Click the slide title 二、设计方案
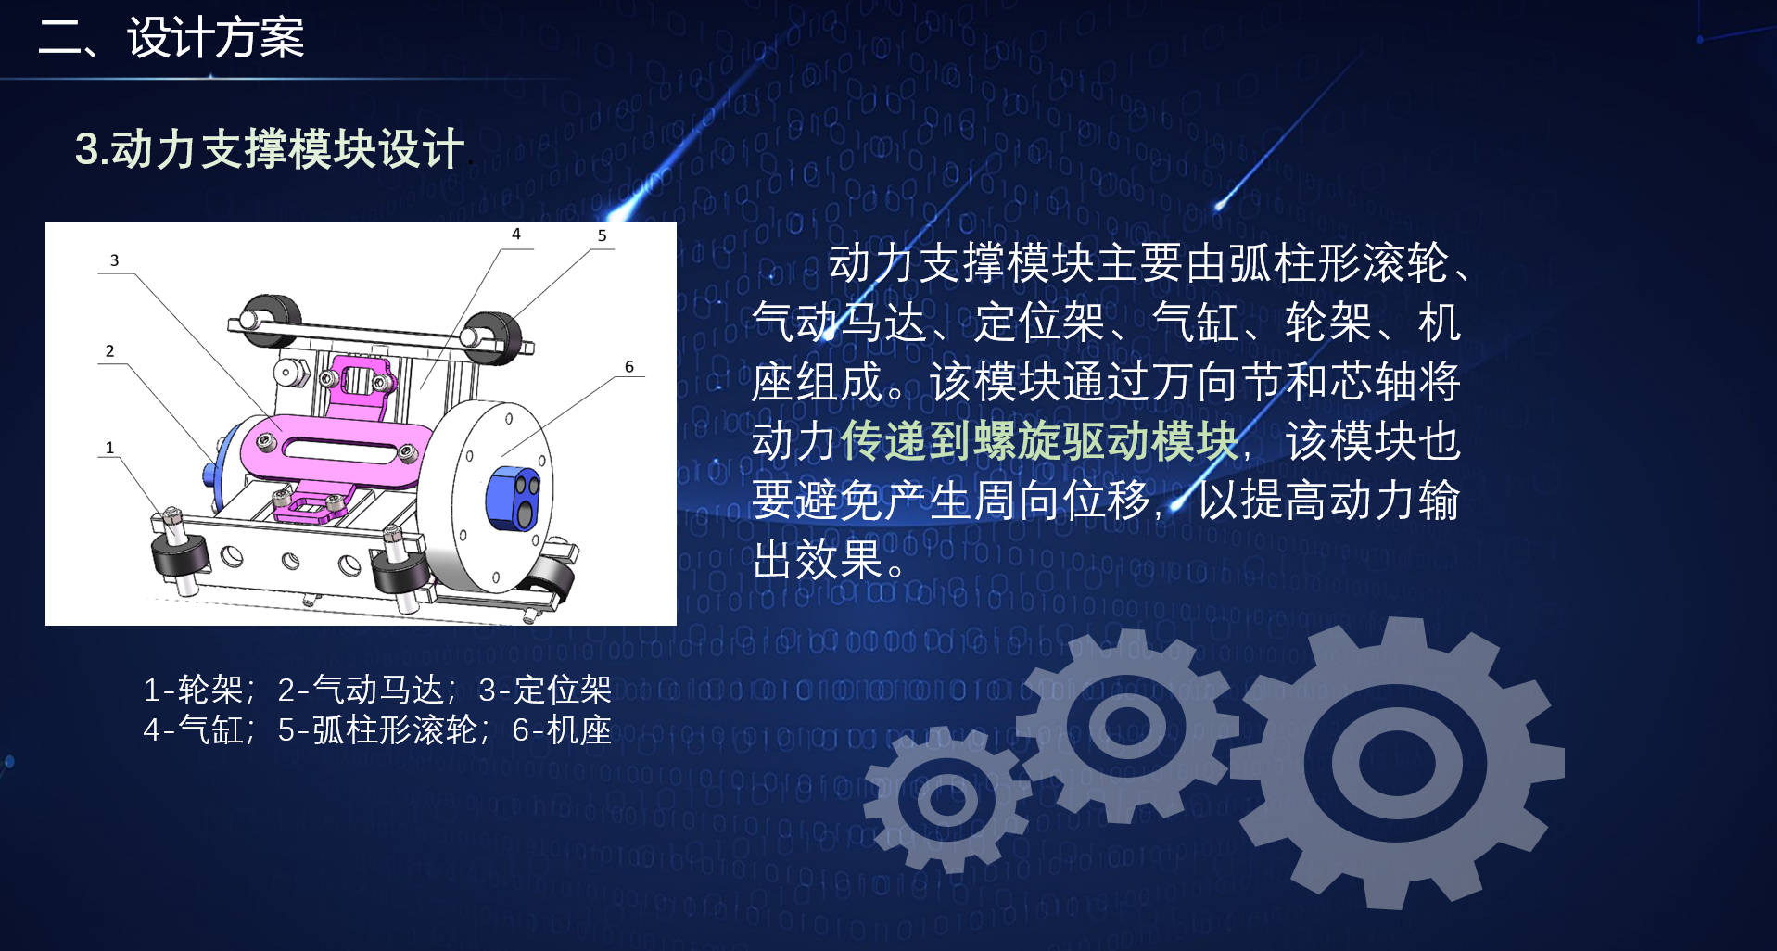click(x=171, y=38)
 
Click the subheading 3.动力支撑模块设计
click(x=270, y=148)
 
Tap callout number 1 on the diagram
click(x=109, y=448)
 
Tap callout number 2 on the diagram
click(x=109, y=350)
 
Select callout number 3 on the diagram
click(x=114, y=260)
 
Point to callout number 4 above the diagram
click(x=516, y=235)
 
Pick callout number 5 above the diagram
click(x=602, y=235)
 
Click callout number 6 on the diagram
click(x=629, y=367)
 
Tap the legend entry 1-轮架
click(x=193, y=690)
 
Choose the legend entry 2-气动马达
click(x=361, y=690)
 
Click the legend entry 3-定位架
click(x=545, y=690)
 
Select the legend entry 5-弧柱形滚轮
click(x=377, y=730)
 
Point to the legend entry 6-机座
click(x=562, y=730)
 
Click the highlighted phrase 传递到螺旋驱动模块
click(x=1040, y=441)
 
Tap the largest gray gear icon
click(x=1397, y=763)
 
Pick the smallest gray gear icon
click(x=947, y=799)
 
